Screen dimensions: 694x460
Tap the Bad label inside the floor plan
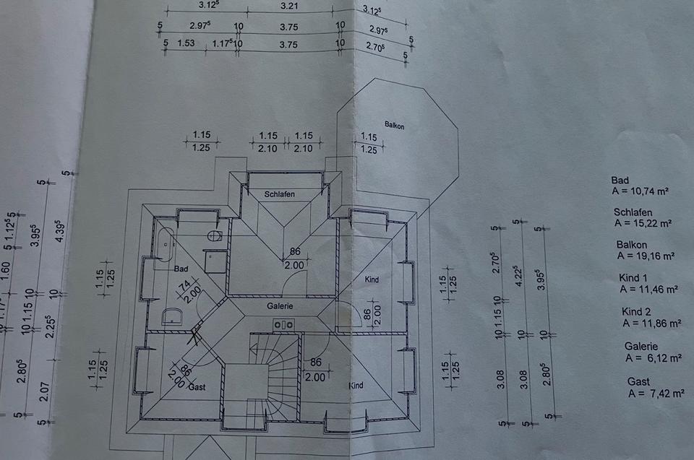click(x=181, y=269)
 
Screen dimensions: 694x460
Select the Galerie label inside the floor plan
click(x=280, y=305)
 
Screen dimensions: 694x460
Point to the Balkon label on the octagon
click(x=394, y=126)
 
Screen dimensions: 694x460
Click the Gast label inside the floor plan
click(x=197, y=387)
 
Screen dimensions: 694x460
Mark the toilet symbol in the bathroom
click(x=214, y=235)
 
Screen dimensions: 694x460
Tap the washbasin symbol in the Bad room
click(x=172, y=315)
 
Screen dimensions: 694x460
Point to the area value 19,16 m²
click(x=645, y=256)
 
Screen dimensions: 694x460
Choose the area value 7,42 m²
click(x=656, y=394)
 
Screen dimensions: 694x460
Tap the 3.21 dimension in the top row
click(x=288, y=6)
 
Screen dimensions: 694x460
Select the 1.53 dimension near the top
click(x=187, y=43)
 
